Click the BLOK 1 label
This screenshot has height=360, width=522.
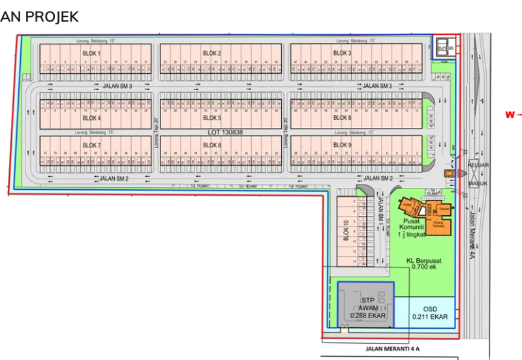coord(91,53)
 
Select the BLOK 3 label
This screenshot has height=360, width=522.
coord(343,53)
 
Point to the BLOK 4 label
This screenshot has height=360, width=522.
coord(91,119)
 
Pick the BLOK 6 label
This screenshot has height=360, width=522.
coord(343,119)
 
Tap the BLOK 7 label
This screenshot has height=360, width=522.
coord(91,145)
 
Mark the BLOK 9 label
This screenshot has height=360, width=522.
coord(343,145)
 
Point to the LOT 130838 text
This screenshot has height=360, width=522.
coord(225,132)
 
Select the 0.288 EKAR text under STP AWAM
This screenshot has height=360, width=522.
coord(368,316)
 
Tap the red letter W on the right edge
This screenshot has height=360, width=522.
coord(509,115)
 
